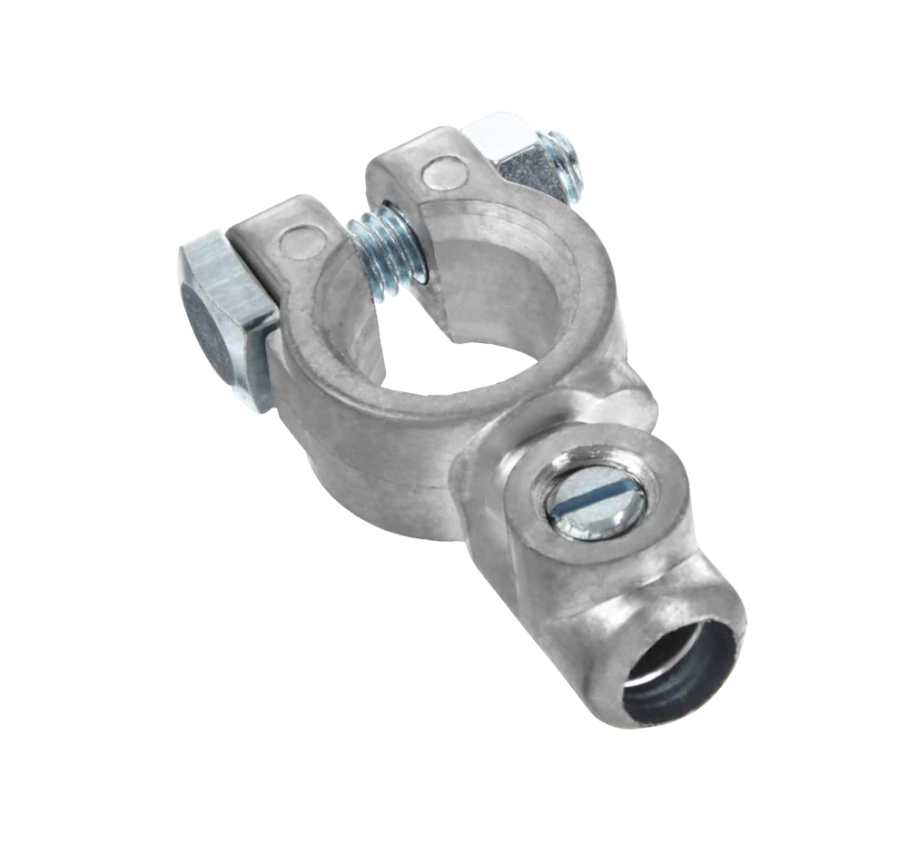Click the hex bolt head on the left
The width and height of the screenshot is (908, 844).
[x=222, y=309]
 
